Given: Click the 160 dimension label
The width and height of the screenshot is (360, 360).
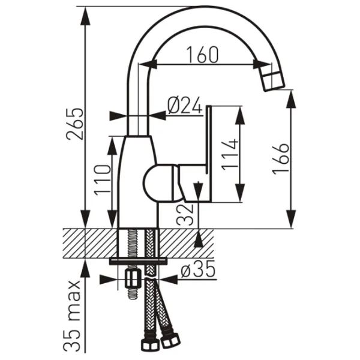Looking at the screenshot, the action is pyautogui.click(x=202, y=55).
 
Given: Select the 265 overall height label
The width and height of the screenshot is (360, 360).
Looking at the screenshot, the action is pyautogui.click(x=75, y=124).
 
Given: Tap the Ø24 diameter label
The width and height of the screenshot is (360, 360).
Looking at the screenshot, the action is pyautogui.click(x=185, y=105).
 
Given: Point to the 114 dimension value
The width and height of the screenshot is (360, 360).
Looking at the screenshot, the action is pyautogui.click(x=230, y=155).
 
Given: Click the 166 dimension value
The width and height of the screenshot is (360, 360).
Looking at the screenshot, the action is pyautogui.click(x=281, y=159).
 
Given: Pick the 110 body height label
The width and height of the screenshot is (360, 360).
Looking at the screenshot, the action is pyautogui.click(x=103, y=180).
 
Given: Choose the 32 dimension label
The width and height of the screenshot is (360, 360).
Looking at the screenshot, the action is pyautogui.click(x=185, y=215).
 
